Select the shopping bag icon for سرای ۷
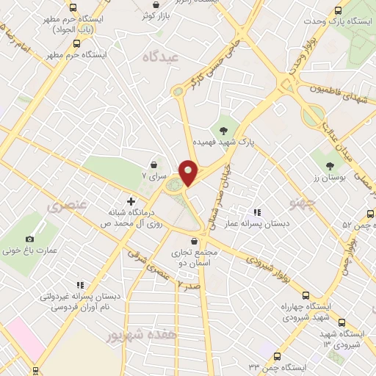(153, 164)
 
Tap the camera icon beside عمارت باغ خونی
(29, 239)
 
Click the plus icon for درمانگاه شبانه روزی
(131, 200)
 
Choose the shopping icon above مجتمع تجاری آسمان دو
(193, 240)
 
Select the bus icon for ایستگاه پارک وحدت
(338, 10)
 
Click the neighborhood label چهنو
(281, 200)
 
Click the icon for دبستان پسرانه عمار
(257, 212)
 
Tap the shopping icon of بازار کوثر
(156, 4)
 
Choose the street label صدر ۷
(189, 283)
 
